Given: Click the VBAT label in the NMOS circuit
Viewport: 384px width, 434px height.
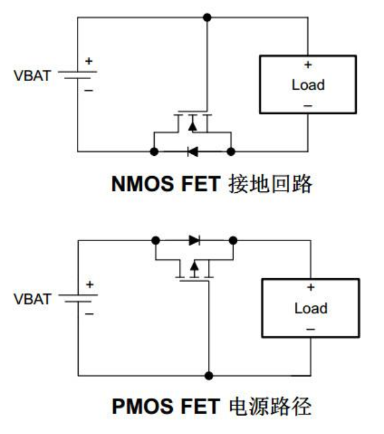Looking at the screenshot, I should point(33,77).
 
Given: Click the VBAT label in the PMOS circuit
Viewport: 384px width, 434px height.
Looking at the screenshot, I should point(33,299).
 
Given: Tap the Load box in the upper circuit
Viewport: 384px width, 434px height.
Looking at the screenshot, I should point(307,84).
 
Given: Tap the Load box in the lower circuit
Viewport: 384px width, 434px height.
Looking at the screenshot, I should point(310,308).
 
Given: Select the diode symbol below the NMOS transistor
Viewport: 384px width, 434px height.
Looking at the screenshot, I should point(192,151).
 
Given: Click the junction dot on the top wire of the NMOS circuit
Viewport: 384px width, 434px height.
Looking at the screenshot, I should point(207,17).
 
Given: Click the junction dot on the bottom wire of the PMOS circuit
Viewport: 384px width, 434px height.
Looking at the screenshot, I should point(209,375).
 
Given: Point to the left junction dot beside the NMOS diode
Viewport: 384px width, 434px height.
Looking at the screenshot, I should point(154,151).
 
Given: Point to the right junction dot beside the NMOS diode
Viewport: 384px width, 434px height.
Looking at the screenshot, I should point(231,151).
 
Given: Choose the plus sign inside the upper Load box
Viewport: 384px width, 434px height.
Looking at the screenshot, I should point(308,65).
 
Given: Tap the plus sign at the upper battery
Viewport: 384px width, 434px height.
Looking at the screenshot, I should point(88,61).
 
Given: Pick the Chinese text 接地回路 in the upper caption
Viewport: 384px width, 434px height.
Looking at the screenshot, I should point(271,184).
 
